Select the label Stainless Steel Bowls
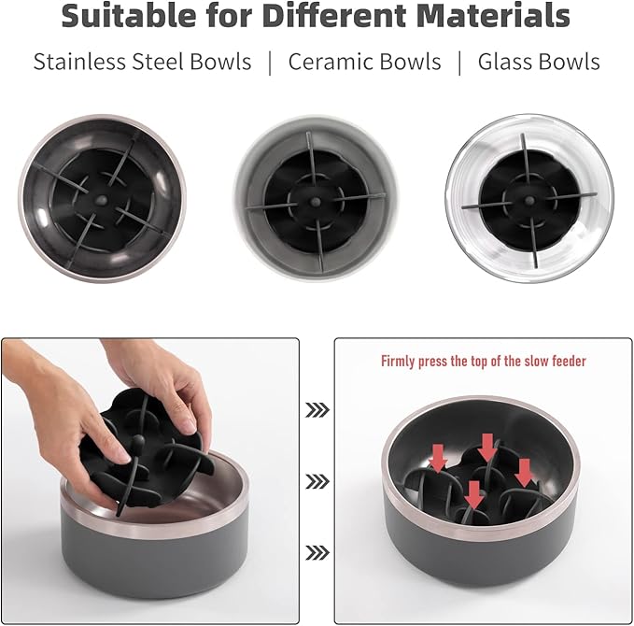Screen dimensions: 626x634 pos(142,63)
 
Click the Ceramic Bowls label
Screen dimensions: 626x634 pos(364,63)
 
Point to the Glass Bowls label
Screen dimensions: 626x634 pos(539,63)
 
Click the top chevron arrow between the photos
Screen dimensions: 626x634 pos(317,409)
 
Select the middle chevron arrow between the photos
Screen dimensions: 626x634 pos(317,481)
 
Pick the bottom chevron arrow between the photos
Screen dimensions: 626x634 pos(317,553)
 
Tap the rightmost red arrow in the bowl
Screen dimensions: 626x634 pos(524,472)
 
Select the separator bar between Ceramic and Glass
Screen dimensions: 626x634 pos(459,63)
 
